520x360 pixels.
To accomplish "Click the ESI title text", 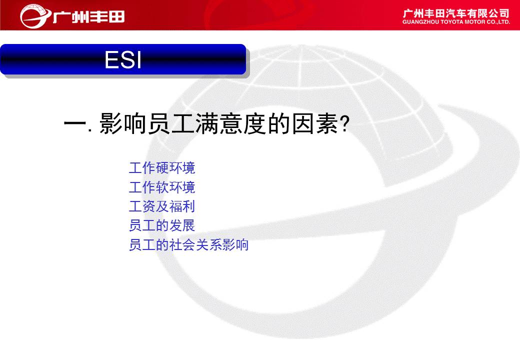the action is [x=123, y=59].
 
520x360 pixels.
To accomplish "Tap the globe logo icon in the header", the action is [x=35, y=16].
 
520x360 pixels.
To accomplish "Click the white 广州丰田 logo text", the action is [x=88, y=16].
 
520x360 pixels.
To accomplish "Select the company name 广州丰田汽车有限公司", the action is [x=456, y=13].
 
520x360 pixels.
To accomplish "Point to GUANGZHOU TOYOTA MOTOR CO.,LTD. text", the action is [x=456, y=22].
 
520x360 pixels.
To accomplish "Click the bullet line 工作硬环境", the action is [x=162, y=167].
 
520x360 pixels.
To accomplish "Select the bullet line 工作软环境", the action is [x=162, y=187].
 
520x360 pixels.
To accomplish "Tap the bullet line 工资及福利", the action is [x=162, y=206].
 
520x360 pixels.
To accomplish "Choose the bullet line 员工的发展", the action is [x=162, y=225].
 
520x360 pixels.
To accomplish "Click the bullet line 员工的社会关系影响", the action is [x=188, y=244].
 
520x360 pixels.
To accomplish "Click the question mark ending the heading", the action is [x=345, y=124].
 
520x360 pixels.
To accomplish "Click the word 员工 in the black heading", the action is [x=171, y=123].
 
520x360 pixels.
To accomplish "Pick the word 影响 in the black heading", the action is [x=123, y=123].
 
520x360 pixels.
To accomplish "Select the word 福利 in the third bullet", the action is [x=182, y=206].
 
